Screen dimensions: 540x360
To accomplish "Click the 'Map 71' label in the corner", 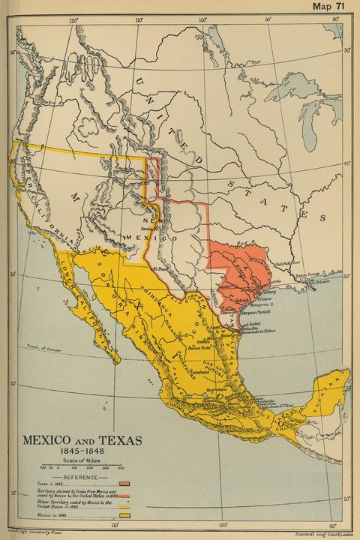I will (331, 7).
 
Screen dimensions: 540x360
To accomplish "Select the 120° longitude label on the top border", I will (72, 20).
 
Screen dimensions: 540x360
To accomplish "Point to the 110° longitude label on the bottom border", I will (114, 526).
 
